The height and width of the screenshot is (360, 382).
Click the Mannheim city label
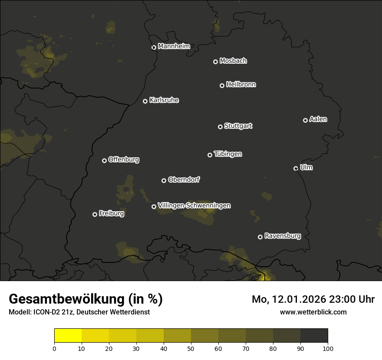pos(174,46)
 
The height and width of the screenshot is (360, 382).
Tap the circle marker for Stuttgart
pos(220,127)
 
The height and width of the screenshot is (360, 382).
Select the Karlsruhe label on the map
pos(164,100)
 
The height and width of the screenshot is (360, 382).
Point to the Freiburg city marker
pos(95,214)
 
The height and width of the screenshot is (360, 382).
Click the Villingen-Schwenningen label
pos(194,206)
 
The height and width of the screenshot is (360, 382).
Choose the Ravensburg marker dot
pos(260,237)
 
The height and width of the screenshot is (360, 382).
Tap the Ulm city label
pos(306,167)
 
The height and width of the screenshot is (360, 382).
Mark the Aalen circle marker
pos(305,120)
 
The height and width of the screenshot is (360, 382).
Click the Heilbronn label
pos(241,85)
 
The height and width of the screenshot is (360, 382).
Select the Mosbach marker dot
pos(215,62)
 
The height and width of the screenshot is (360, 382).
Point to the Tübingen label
pos(228,154)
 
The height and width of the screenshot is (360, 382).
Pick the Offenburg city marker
pos(104,160)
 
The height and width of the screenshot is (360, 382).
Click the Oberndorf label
pos(184,180)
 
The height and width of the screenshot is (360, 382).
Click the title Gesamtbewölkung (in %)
pos(86,299)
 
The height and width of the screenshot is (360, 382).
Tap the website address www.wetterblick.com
pos(313,312)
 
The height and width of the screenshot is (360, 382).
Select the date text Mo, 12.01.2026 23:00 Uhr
pos(313,299)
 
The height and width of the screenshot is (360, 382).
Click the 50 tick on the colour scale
pos(191,348)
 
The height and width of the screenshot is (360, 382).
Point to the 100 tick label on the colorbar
pos(328,348)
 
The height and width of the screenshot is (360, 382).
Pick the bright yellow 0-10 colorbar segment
pos(68,336)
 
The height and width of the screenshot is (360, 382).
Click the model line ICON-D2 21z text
pos(79,312)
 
